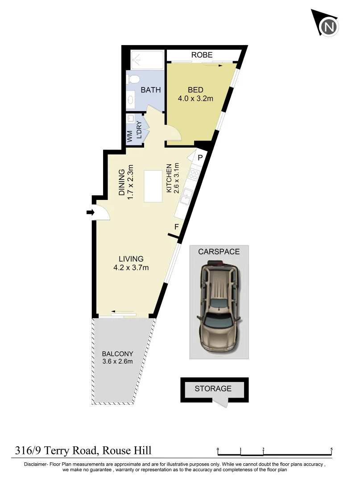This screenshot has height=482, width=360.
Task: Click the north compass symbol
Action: click(329, 26)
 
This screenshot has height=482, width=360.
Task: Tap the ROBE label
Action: click(202, 55)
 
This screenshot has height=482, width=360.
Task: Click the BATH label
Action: click(151, 90)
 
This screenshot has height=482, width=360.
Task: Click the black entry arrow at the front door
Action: click(90, 213)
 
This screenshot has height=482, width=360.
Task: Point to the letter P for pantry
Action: click(200, 157)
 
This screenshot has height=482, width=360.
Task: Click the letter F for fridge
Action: click(177, 227)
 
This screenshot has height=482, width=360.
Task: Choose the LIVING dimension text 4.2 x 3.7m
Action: click(131, 268)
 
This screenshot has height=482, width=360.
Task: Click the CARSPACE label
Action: click(219, 252)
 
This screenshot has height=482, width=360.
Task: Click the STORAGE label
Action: click(213, 389)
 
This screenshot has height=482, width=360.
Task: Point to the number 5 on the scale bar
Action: click(331, 449)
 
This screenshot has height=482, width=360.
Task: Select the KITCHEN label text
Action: click(169, 179)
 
